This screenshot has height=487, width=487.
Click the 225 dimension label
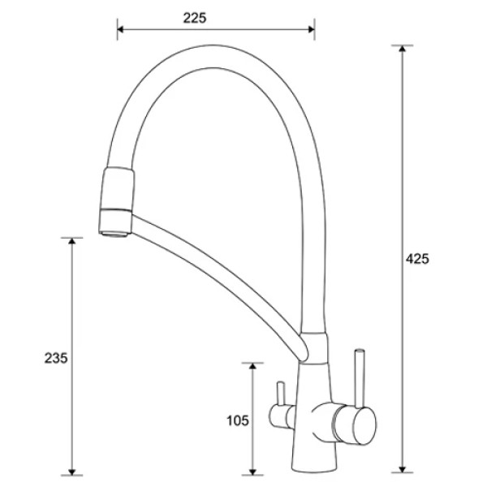[195, 18]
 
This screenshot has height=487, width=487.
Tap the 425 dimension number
[417, 259]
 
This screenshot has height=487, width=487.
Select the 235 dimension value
[56, 358]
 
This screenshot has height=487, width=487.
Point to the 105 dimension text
[238, 420]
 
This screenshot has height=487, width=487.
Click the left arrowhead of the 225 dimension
[121, 29]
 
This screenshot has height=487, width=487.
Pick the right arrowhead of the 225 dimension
[311, 29]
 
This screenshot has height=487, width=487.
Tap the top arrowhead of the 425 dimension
[403, 49]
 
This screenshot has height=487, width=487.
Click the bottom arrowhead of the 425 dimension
[403, 468]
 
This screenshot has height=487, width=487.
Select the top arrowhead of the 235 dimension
[71, 242]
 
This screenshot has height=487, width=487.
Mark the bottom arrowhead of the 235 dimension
[71, 471]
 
